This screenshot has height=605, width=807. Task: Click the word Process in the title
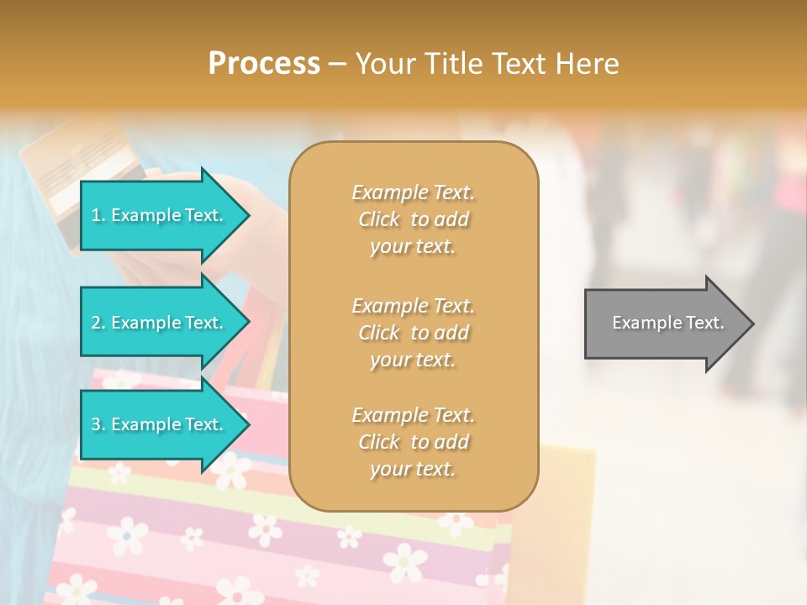click(264, 64)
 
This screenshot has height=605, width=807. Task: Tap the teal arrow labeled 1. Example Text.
click(160, 216)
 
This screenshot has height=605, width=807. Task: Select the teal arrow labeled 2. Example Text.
click(160, 323)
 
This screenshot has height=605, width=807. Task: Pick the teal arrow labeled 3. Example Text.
click(160, 424)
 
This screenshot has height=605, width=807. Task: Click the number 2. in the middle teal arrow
click(98, 323)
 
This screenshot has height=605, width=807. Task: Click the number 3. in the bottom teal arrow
click(98, 424)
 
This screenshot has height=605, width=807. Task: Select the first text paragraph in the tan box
click(413, 219)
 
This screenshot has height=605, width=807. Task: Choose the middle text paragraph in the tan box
click(413, 333)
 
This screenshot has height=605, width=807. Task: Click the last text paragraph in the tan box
click(413, 442)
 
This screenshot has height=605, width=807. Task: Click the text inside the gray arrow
click(668, 323)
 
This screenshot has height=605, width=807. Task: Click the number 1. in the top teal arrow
click(98, 216)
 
